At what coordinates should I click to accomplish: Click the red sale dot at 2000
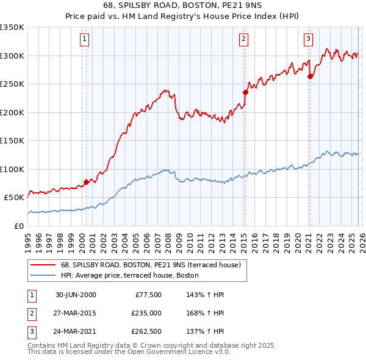[87, 182]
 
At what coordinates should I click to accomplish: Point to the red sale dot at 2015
[245, 93]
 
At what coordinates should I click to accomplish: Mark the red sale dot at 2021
[310, 77]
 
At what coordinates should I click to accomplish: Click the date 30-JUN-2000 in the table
[76, 295]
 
